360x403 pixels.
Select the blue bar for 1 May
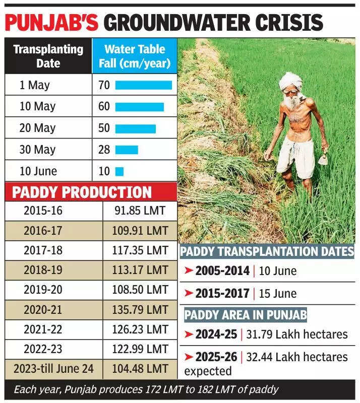tap(144, 85)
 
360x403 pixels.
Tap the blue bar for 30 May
tap(127, 150)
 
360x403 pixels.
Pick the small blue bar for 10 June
tap(119, 171)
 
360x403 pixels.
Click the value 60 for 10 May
tap(104, 107)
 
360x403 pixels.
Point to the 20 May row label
tap(37, 128)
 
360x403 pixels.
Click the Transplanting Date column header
tap(48, 56)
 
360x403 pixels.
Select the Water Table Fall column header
tap(135, 56)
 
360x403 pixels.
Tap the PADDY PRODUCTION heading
tap(82, 192)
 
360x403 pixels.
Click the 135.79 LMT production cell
tap(140, 310)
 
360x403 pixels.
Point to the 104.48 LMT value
tap(140, 369)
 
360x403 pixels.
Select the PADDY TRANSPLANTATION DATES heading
tap(267, 251)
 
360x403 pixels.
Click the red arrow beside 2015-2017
tap(189, 293)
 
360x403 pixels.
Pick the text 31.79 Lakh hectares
tap(297, 334)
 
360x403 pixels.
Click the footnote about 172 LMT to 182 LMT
tap(146, 390)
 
